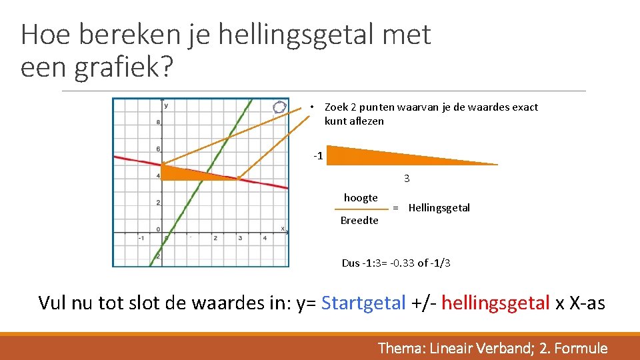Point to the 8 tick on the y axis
coord(157,122)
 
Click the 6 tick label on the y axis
coord(157,149)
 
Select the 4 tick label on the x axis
coord(265,238)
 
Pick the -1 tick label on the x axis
coord(141,238)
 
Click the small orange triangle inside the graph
coord(187,173)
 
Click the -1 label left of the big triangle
coord(319,156)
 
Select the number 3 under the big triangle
coord(407,179)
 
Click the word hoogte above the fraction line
coord(361,198)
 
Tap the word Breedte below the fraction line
coord(359,221)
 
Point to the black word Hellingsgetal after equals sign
coord(439,208)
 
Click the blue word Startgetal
coord(363,303)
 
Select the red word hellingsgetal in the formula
coord(495,303)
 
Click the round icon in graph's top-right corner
coord(280,107)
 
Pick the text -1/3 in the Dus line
coord(441,263)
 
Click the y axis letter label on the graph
coord(166,105)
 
